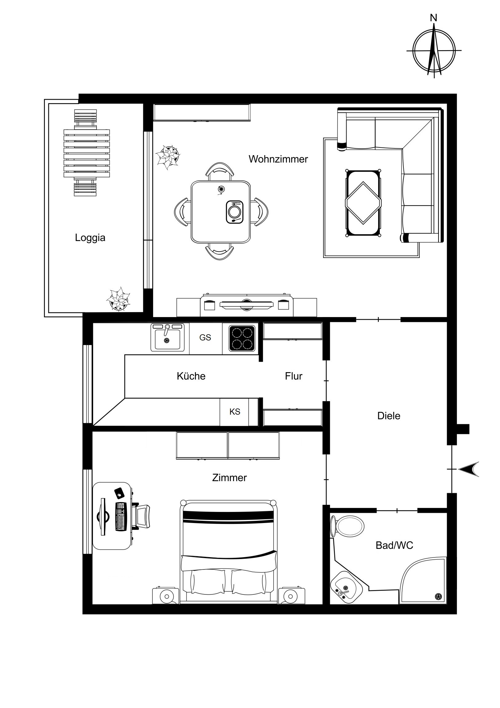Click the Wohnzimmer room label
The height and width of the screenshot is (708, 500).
click(x=278, y=159)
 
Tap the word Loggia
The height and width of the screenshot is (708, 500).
click(x=90, y=238)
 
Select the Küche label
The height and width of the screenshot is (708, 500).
click(x=191, y=376)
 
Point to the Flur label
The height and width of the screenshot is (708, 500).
click(x=294, y=376)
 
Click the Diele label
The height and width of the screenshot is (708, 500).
click(x=389, y=416)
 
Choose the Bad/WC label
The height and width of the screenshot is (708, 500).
click(x=394, y=545)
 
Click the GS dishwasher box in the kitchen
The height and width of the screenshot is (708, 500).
click(x=205, y=338)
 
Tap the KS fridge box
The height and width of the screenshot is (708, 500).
click(x=235, y=412)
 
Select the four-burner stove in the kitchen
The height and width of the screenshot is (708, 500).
click(x=242, y=338)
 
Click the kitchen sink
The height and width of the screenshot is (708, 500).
click(x=167, y=337)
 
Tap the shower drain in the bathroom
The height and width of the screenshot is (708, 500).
click(x=438, y=597)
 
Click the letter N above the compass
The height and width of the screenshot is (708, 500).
click(x=434, y=18)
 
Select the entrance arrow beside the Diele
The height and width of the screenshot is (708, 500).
click(x=469, y=469)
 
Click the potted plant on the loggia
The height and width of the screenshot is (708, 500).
click(x=118, y=299)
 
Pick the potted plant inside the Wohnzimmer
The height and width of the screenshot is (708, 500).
click(x=168, y=157)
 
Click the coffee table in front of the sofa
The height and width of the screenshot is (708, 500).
click(x=363, y=203)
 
